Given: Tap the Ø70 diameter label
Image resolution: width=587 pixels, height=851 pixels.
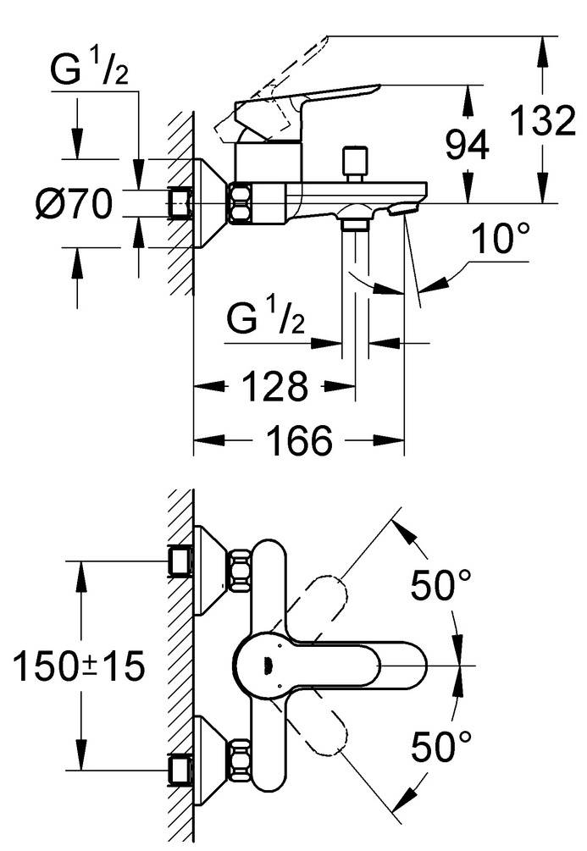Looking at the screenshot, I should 75,204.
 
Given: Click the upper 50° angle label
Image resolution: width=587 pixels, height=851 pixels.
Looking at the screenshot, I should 440,585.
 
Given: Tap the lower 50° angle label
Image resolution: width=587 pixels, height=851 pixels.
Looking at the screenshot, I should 440,746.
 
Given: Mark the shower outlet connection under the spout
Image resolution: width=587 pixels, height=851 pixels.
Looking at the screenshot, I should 355,224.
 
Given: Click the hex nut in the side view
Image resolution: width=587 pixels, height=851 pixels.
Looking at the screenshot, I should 240,204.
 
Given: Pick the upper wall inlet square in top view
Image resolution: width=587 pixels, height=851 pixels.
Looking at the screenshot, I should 180,561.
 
